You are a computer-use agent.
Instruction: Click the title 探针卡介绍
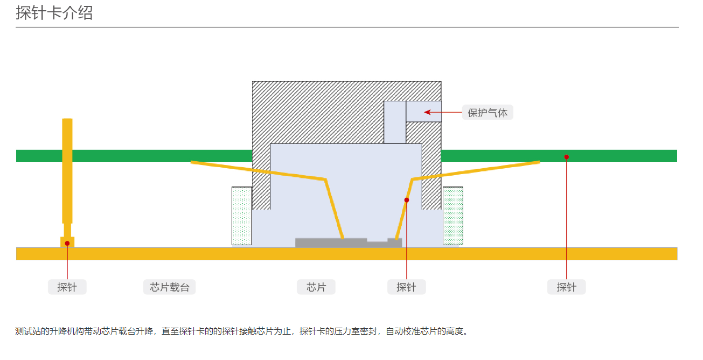pyautogui.click(x=54, y=12)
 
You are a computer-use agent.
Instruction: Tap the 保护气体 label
pyautogui.click(x=488, y=113)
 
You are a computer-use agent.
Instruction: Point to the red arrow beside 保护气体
pyautogui.click(x=442, y=112)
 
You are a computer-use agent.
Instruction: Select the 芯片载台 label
pyautogui.click(x=170, y=287)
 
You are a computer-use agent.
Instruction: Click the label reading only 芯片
pyautogui.click(x=316, y=287)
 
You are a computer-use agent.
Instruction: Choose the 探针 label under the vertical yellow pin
pyautogui.click(x=67, y=287)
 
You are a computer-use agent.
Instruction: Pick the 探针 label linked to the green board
pyautogui.click(x=566, y=287)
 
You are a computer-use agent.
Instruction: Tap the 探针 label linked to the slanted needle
pyautogui.click(x=406, y=287)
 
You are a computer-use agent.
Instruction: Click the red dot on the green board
pyautogui.click(x=566, y=157)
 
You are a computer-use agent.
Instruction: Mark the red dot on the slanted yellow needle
pyautogui.click(x=407, y=200)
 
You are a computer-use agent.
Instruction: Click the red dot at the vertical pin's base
pyautogui.click(x=67, y=243)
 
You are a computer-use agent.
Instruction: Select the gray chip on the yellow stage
pyautogui.click(x=331, y=243)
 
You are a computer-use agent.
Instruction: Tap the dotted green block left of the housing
pyautogui.click(x=242, y=216)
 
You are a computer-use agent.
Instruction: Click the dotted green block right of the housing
pyautogui.click(x=453, y=216)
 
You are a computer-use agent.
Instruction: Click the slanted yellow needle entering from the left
pyautogui.click(x=259, y=170)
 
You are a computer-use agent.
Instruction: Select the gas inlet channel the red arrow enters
pyautogui.click(x=423, y=112)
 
